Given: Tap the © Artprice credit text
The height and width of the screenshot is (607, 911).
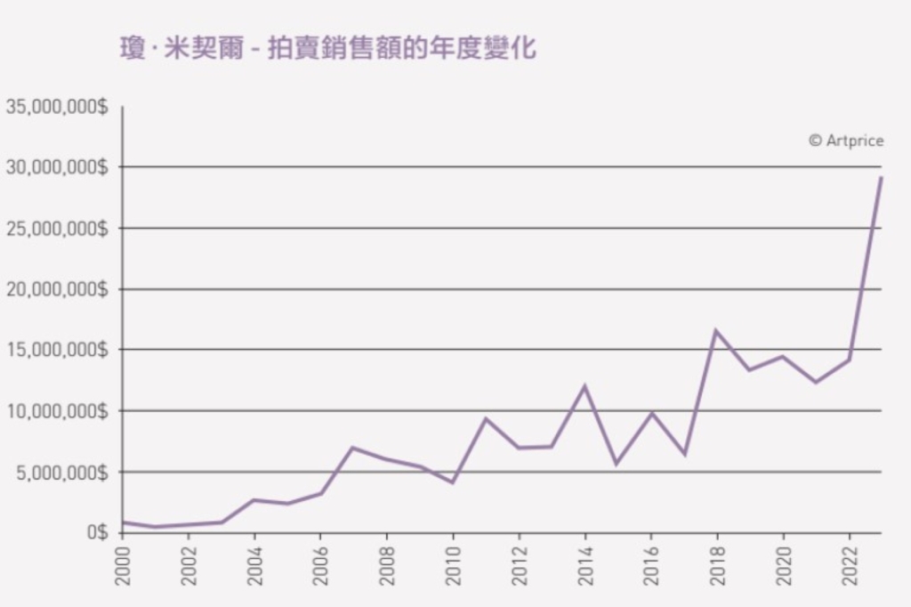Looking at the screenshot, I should tap(845, 141).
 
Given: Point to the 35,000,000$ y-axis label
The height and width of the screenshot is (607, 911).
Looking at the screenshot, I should tap(57, 107).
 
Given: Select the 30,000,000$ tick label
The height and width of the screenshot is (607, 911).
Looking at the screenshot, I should tap(57, 167).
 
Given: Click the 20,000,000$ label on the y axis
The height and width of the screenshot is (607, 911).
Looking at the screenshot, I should tap(57, 289).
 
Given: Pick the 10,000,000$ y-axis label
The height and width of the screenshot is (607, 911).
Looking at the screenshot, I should tap(57, 411).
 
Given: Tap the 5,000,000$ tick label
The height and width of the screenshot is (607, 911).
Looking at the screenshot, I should tap(61, 472).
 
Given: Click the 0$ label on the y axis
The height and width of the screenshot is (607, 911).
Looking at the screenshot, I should tap(95, 532).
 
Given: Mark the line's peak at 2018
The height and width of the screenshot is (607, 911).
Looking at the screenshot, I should tap(716, 330).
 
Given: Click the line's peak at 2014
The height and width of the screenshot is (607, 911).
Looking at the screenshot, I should tap(584, 386).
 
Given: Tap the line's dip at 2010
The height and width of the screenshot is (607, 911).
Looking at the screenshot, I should tap(453, 482).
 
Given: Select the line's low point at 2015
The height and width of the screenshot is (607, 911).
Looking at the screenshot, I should tap(617, 464).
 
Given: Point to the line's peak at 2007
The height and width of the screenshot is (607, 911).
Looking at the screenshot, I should tap(353, 448).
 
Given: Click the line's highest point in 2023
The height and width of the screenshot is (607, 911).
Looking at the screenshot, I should tap(881, 177).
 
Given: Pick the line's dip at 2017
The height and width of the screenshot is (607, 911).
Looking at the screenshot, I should tap(683, 454).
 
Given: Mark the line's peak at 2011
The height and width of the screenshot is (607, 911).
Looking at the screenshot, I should tap(486, 418).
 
